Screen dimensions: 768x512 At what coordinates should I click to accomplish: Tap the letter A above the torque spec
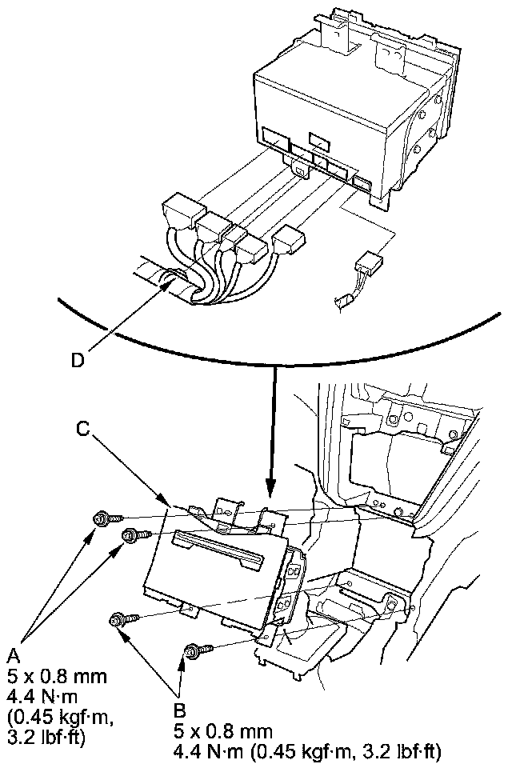(x=14, y=656)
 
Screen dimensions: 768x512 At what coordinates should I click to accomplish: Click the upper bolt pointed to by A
(x=102, y=518)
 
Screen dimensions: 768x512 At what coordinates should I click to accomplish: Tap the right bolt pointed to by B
(x=193, y=651)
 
